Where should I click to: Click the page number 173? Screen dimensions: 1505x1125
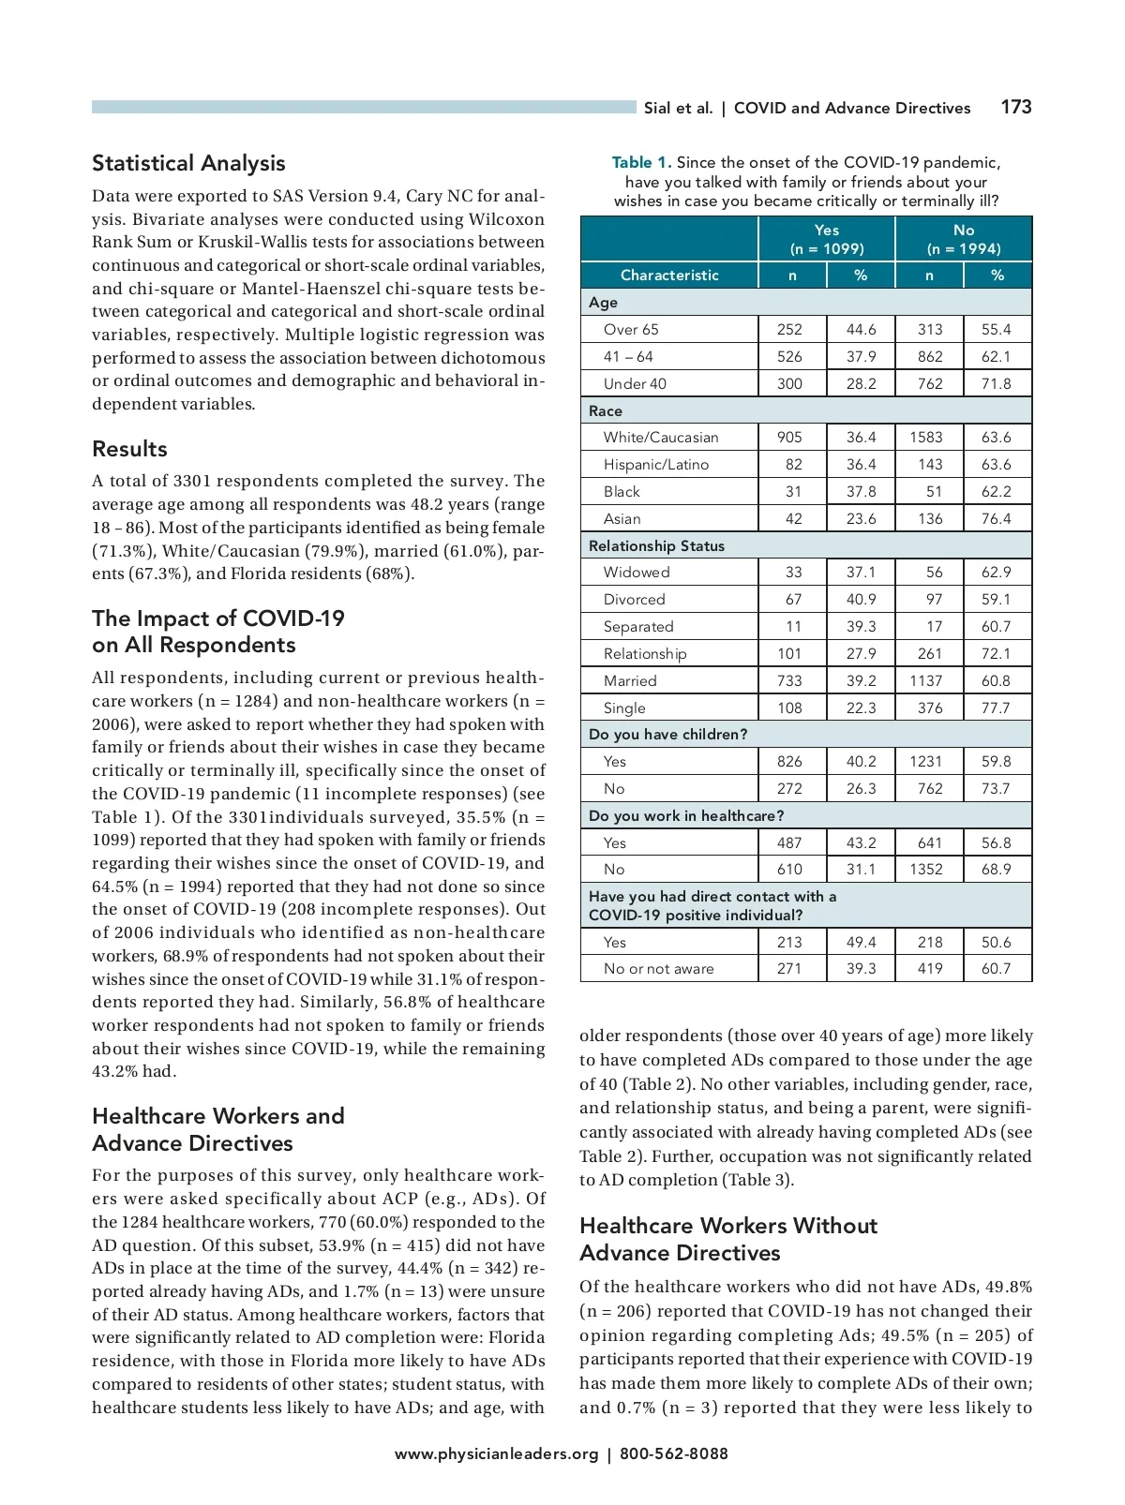coord(1015,107)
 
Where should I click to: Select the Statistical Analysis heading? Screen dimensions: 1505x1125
coord(188,163)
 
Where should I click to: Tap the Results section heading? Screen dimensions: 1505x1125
coord(129,449)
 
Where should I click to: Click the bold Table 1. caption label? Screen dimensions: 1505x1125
coord(641,163)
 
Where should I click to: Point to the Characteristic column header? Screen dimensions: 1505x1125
coord(669,276)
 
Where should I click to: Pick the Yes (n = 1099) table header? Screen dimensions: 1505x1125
coord(826,239)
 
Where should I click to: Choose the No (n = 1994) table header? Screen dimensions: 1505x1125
coord(964,239)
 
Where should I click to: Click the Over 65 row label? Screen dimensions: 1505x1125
coord(631,330)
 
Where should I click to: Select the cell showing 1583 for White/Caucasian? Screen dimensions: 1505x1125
coord(926,438)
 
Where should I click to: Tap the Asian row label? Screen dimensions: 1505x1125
coord(622,519)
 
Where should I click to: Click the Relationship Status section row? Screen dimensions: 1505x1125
coord(656,546)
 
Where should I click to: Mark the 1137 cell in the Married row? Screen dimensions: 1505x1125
coord(926,681)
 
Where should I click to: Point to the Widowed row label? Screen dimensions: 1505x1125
coord(637,573)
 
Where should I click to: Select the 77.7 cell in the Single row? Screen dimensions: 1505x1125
coord(996,708)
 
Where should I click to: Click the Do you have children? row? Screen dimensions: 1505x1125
coord(667,735)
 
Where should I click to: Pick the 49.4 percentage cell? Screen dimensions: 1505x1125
coord(861,943)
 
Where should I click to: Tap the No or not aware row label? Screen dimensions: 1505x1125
coord(658,969)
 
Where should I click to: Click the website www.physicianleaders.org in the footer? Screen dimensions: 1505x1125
coord(496,1454)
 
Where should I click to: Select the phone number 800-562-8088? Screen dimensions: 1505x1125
coord(673,1454)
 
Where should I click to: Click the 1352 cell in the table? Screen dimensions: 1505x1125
coord(926,870)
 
